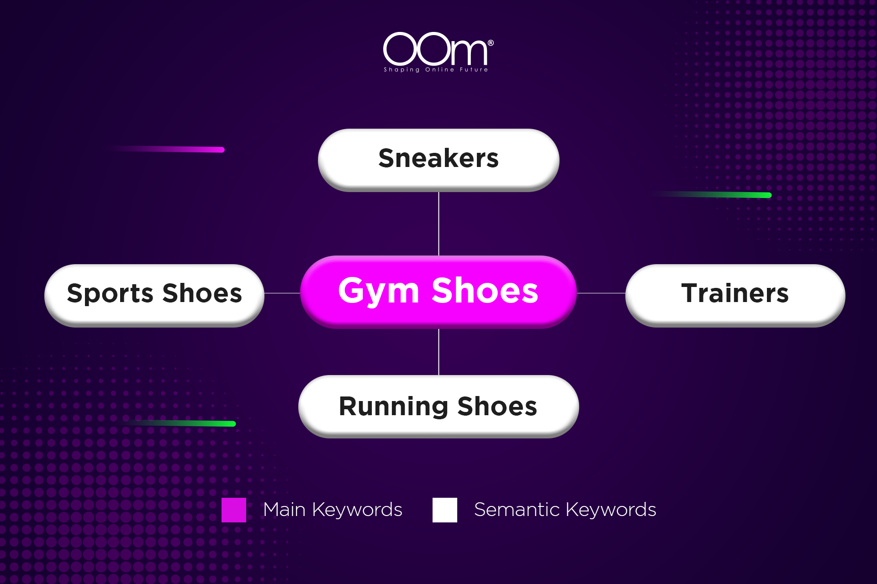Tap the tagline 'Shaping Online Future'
coord(436,70)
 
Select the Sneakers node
coord(438,159)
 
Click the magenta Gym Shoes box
coord(438,292)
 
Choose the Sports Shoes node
coord(154,294)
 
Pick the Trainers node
coord(735,294)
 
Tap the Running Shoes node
coord(438,406)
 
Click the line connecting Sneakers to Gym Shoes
coord(438,224)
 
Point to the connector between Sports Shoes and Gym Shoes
coord(282,293)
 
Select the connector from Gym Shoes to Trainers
coord(601,293)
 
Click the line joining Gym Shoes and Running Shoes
coord(438,352)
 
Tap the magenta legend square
coord(234,510)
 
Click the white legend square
coord(445,510)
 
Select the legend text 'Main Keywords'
coord(333,510)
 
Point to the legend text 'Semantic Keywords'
coord(565,510)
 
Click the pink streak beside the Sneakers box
coord(183,149)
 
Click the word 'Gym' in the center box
coord(379,291)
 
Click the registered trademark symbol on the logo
coord(491,43)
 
